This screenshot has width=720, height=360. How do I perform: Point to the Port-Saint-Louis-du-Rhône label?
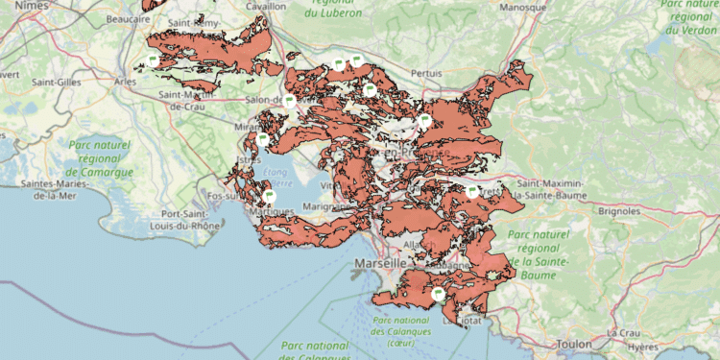coord(184,220)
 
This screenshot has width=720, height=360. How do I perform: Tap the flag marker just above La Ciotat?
coord(438,294)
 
